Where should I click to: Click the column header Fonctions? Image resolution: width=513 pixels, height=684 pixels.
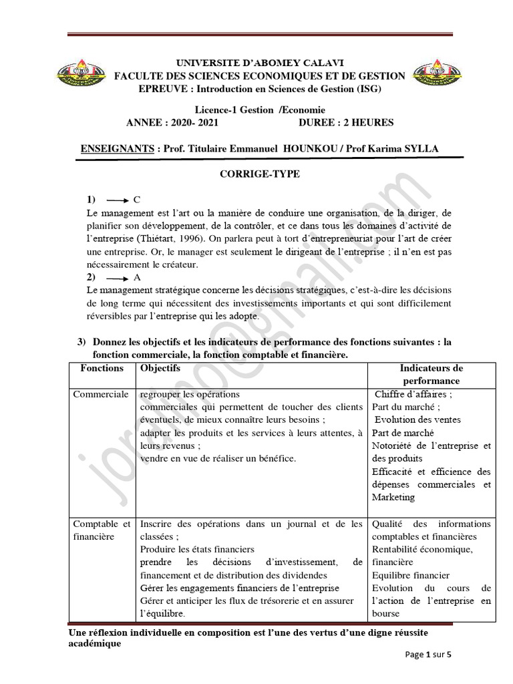102,368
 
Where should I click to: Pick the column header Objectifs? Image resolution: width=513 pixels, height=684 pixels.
160,368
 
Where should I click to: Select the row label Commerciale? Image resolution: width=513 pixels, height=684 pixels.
101,395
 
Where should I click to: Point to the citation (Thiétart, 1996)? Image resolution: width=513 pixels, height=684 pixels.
167,238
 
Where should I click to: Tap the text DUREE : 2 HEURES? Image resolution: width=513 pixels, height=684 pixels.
347,122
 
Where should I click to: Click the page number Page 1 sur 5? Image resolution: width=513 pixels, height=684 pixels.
429,655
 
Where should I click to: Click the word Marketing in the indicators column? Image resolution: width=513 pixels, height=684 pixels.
393,497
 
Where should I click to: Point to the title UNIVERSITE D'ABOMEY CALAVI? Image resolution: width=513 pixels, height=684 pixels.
260,62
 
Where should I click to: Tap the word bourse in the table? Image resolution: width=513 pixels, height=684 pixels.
386,613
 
